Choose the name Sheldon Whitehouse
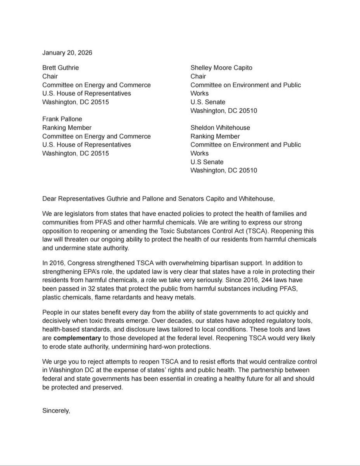[220, 128]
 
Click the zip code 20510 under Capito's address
[248, 111]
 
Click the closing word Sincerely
[56, 411]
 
